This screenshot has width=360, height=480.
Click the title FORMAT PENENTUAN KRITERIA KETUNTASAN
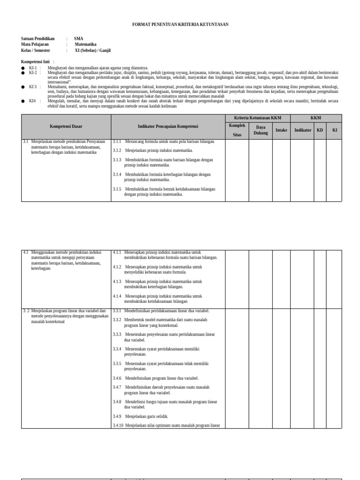click(x=180, y=24)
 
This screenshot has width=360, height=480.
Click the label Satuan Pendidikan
click(x=38, y=38)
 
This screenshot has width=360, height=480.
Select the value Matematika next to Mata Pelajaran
click(x=86, y=44)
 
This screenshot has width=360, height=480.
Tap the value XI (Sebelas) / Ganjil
click(x=93, y=50)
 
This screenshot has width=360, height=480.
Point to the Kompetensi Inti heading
click(x=36, y=62)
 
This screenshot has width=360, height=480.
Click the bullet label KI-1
click(x=32, y=67)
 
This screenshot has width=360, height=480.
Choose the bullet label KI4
click(x=32, y=100)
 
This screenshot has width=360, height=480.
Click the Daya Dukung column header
click(x=261, y=130)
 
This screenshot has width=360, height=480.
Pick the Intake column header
click(x=281, y=130)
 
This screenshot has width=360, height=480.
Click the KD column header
click(x=320, y=130)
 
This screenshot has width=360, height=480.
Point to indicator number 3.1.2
click(x=117, y=150)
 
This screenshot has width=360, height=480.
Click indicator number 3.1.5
click(x=117, y=189)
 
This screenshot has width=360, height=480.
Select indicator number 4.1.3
click(x=117, y=282)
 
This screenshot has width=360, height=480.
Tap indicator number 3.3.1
click(x=117, y=311)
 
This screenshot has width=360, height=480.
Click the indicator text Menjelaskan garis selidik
click(x=147, y=416)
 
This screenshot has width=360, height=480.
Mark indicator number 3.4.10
click(x=118, y=426)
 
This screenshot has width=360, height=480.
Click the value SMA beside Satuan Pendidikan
click(x=78, y=38)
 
